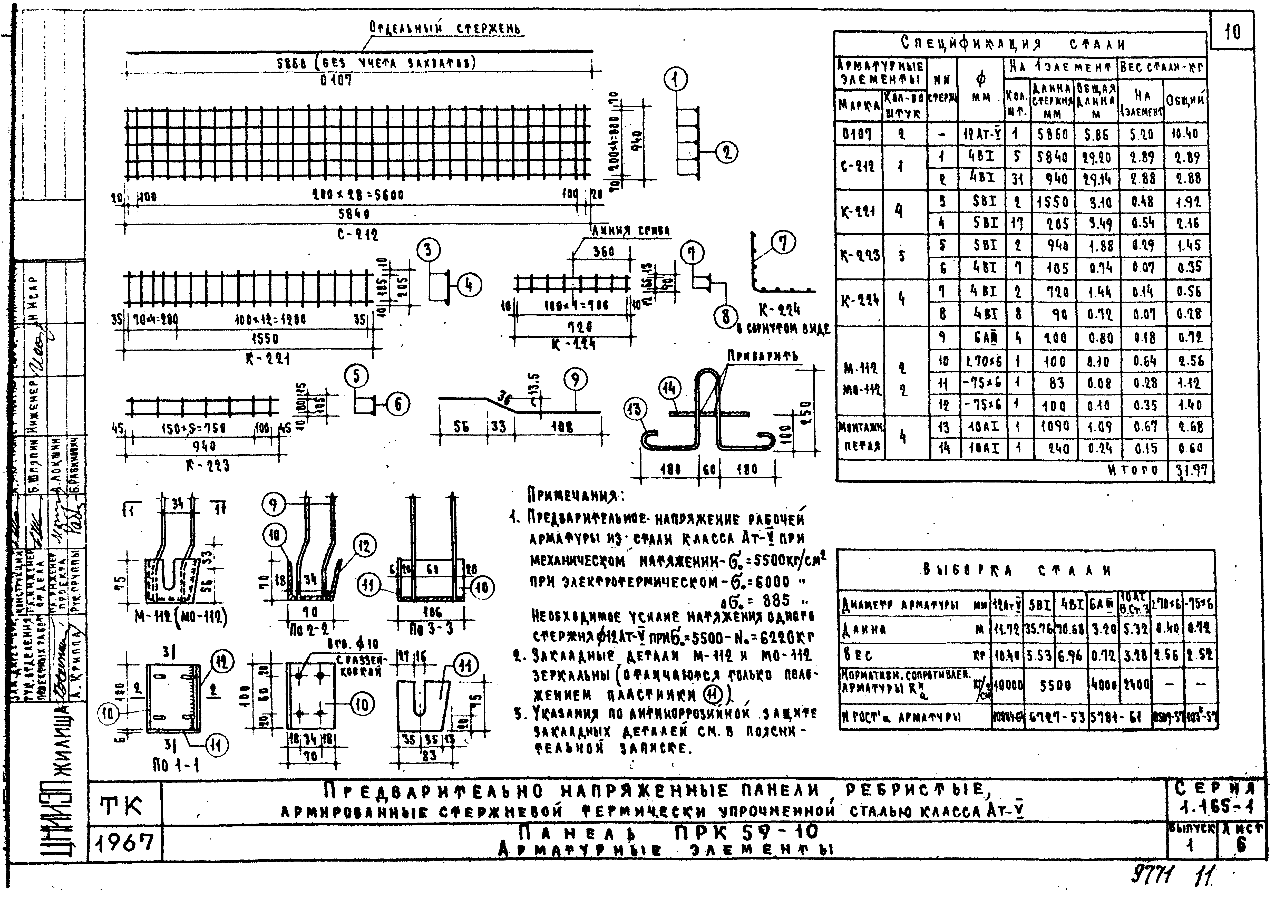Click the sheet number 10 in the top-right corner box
click(x=1232, y=33)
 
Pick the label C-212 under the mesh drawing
click(x=358, y=235)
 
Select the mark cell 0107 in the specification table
click(x=858, y=134)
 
